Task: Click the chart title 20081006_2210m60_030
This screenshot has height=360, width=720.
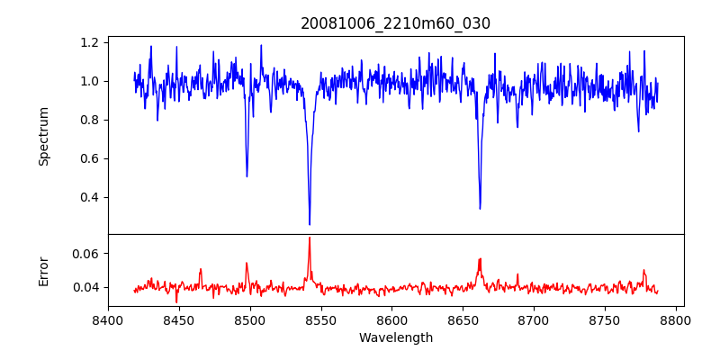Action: (395, 23)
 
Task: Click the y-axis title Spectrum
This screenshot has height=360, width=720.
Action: (43, 136)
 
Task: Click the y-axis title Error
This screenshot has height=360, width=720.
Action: (43, 271)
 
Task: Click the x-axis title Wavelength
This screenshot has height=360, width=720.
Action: (395, 338)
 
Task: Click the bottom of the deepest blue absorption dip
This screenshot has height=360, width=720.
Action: (310, 224)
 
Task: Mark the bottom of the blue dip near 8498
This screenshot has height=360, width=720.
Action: (247, 175)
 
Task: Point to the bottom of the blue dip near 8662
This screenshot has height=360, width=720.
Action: (480, 209)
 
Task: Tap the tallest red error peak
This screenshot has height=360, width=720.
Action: (310, 238)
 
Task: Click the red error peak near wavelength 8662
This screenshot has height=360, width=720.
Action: (480, 259)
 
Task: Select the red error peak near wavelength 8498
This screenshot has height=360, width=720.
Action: (247, 264)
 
